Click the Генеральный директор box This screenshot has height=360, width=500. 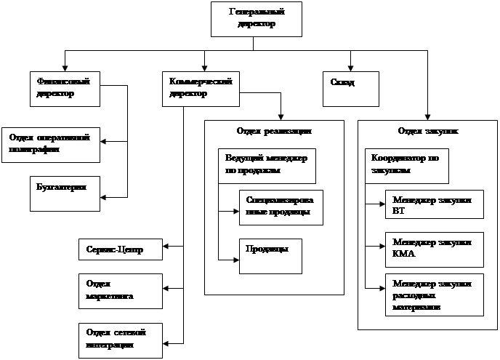point(257,18)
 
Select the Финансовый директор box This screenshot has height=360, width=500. point(65,89)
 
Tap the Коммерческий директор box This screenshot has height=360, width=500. point(200,89)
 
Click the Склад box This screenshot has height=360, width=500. point(350,89)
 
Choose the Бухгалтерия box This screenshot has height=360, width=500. point(65,193)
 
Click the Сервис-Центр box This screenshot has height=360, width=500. point(120,249)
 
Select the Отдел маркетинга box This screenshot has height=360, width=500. point(120,292)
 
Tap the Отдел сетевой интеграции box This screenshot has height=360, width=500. point(120,339)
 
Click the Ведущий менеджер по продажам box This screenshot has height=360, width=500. point(266,167)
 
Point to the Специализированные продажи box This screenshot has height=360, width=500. point(281,207)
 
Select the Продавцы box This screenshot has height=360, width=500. point(270,255)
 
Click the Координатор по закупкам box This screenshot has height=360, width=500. point(408,167)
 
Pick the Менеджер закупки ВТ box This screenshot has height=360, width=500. point(435,205)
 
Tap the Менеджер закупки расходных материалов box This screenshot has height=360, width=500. point(435,295)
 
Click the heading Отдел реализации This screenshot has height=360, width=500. point(274,132)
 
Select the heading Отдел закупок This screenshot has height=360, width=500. point(427,132)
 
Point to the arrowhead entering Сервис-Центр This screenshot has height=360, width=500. point(166,249)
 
